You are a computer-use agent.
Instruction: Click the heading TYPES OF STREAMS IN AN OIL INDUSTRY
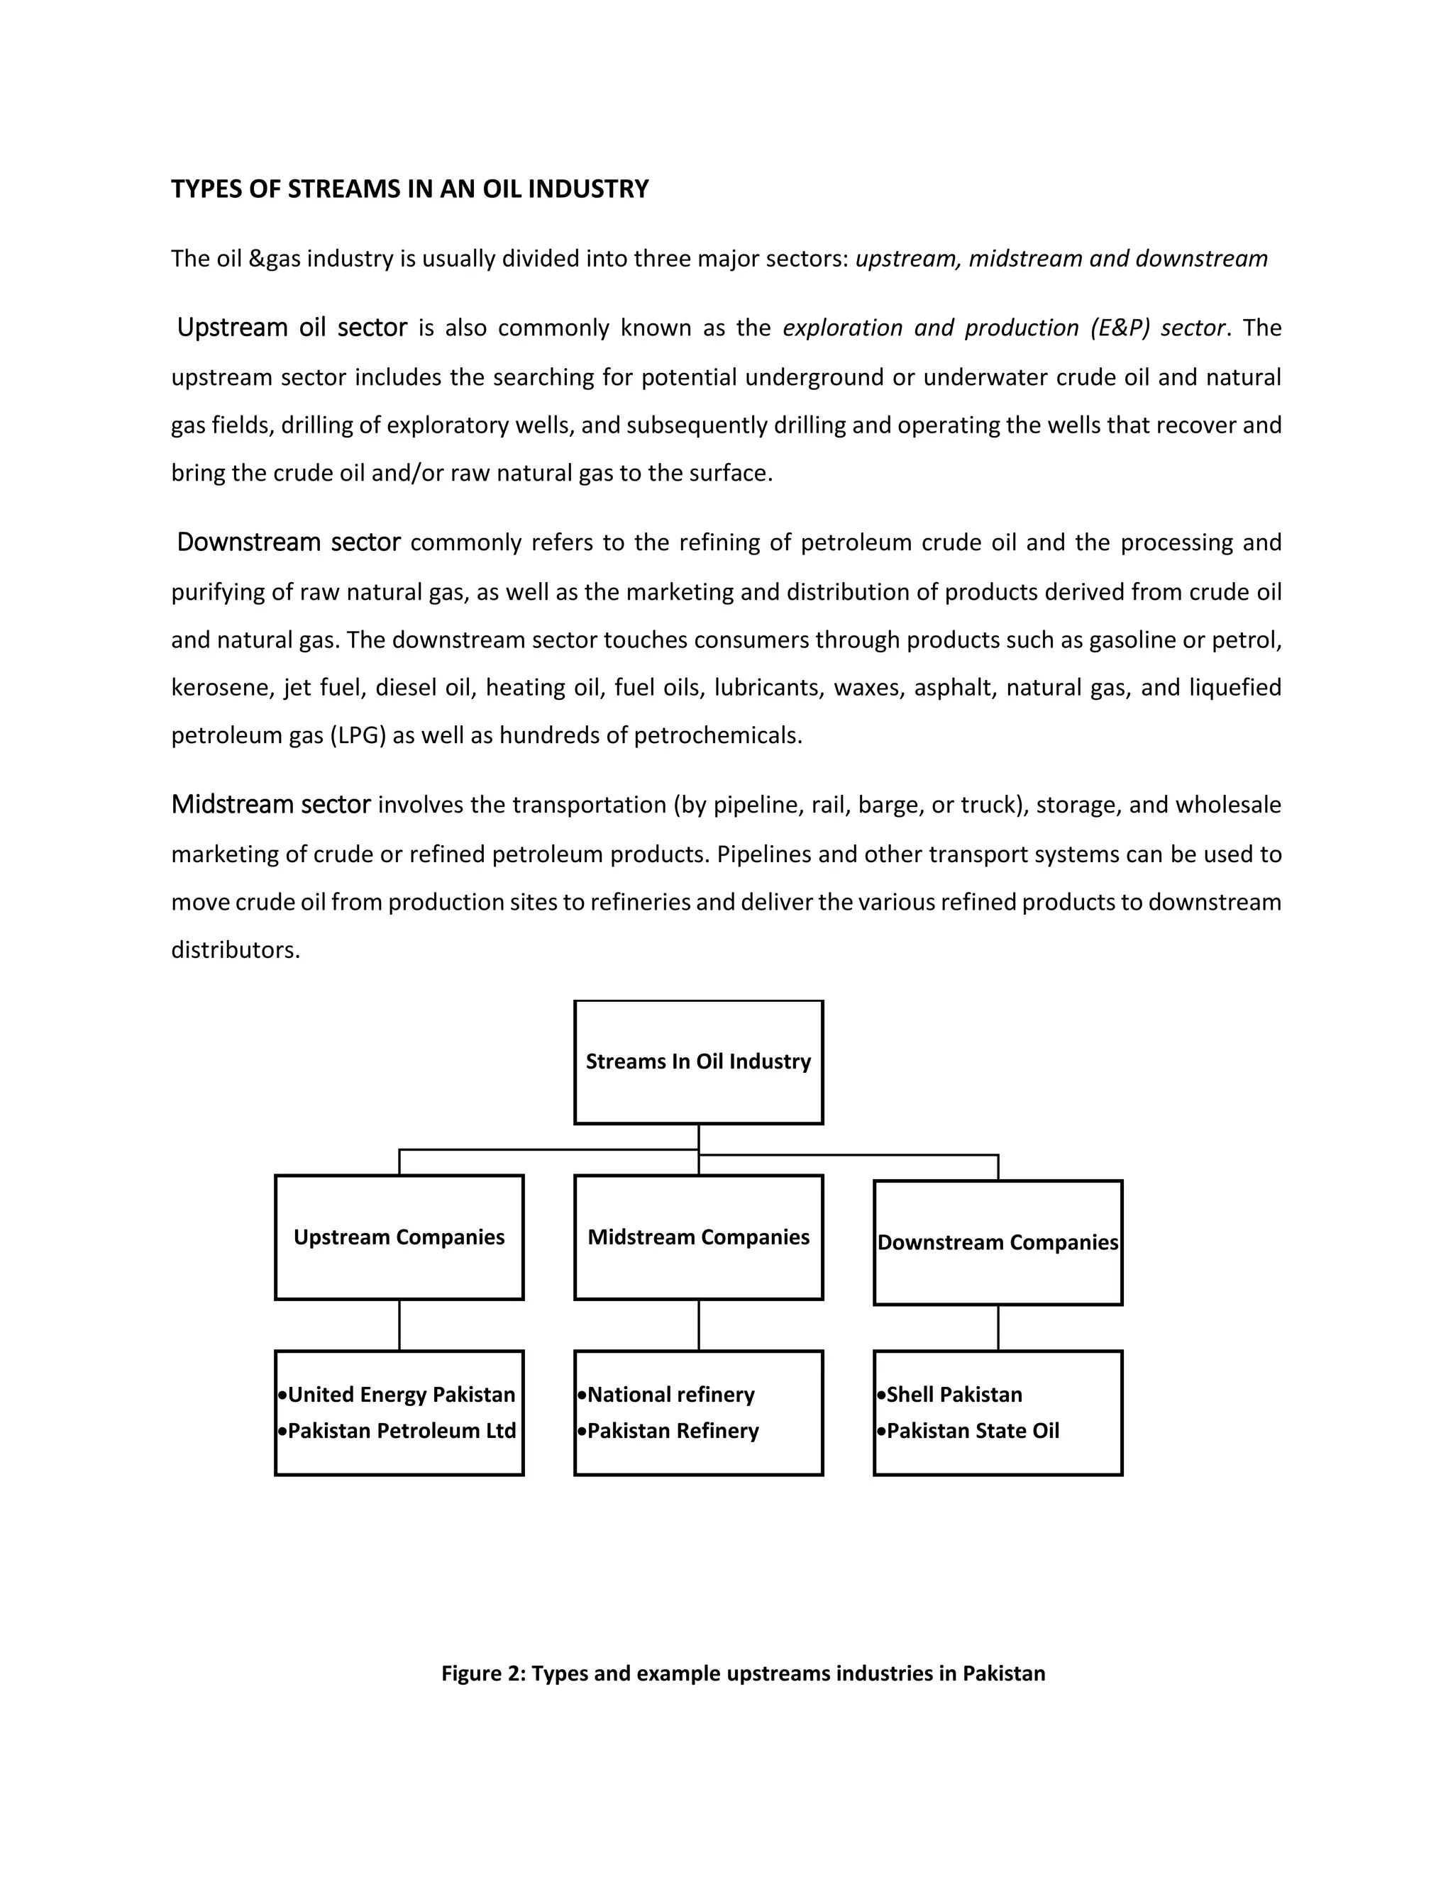pos(410,189)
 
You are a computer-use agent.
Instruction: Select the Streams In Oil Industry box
pos(698,1061)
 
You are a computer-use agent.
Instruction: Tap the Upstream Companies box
pos(399,1237)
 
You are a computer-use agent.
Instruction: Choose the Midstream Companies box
pos(698,1237)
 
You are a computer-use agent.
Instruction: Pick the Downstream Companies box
pos(998,1242)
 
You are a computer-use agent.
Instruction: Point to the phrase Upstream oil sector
pos(292,328)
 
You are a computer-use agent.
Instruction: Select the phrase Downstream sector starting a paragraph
pos(288,542)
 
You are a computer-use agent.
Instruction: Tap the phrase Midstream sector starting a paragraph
pos(270,805)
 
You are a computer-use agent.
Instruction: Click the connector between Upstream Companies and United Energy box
pos(399,1325)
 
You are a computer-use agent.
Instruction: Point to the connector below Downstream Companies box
pos(998,1327)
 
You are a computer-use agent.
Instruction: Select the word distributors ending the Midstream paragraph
pos(235,950)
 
